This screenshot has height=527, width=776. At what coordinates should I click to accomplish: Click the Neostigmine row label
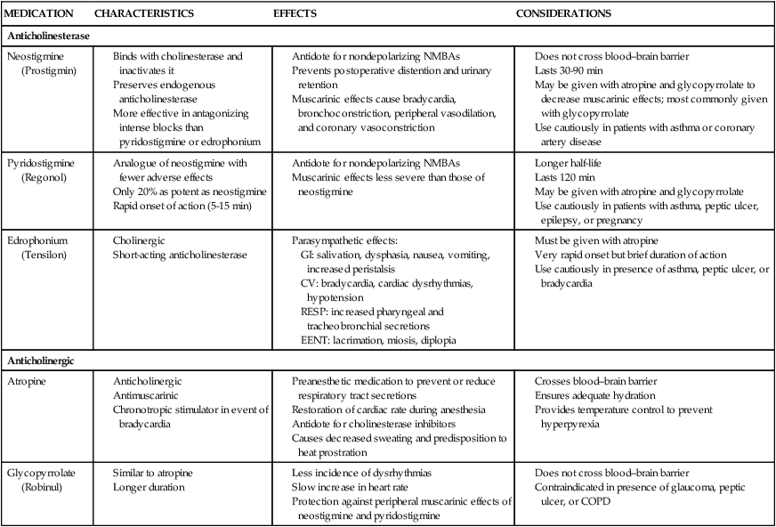(x=35, y=56)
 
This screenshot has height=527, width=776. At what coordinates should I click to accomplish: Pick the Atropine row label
(x=27, y=381)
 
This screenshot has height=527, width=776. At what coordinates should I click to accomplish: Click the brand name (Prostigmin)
(x=50, y=69)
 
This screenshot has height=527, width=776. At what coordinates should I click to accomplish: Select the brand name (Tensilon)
(x=47, y=255)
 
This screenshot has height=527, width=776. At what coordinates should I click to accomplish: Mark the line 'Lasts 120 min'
(x=570, y=179)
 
